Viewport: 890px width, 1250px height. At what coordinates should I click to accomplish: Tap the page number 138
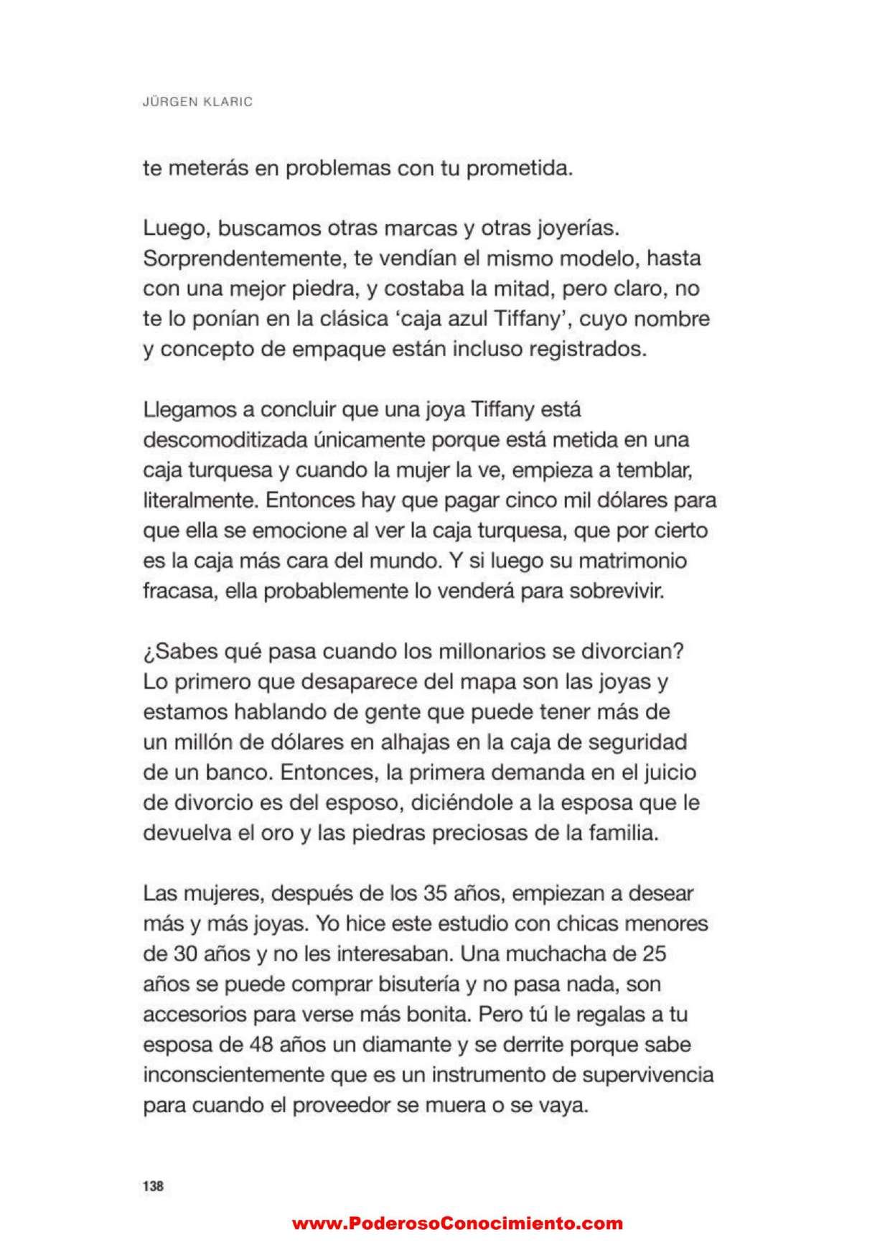coord(153,1185)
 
